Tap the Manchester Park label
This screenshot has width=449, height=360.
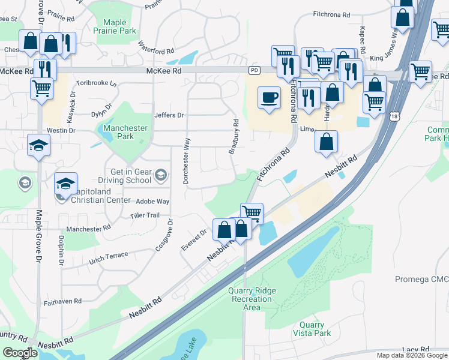[x=125, y=132]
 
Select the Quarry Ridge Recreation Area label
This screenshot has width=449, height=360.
[x=252, y=299]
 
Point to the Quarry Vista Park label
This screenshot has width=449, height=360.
[x=312, y=329]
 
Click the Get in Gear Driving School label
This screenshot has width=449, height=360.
[x=130, y=176]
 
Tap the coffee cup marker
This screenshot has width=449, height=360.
[x=269, y=97]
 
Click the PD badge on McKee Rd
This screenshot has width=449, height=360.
[x=254, y=71]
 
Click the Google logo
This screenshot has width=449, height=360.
[x=20, y=353]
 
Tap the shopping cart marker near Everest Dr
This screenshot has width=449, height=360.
[x=252, y=212]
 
